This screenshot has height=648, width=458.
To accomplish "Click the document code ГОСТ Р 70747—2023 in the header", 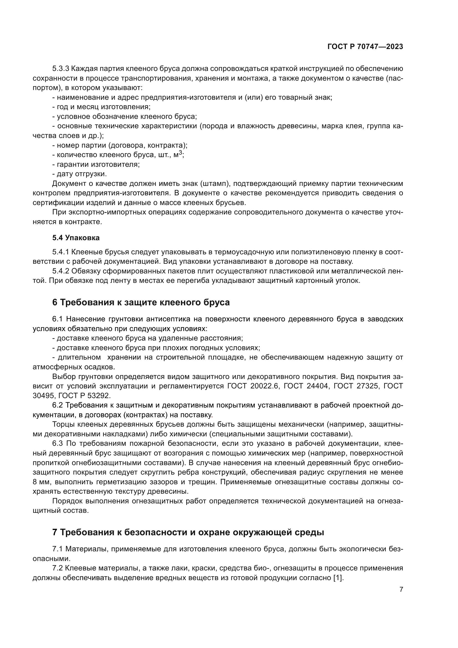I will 365,47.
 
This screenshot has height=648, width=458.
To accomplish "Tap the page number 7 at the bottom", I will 401,589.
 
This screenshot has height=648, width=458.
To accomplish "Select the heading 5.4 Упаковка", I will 76,238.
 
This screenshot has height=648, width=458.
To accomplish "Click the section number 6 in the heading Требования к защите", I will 55,302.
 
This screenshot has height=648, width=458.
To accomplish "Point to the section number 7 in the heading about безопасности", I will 55,532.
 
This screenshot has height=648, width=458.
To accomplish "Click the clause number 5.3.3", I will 61,69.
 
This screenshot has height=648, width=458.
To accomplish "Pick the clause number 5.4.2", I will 61,271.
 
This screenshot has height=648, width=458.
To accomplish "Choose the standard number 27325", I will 366,386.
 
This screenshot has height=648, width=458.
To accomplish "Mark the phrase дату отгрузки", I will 82,174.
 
